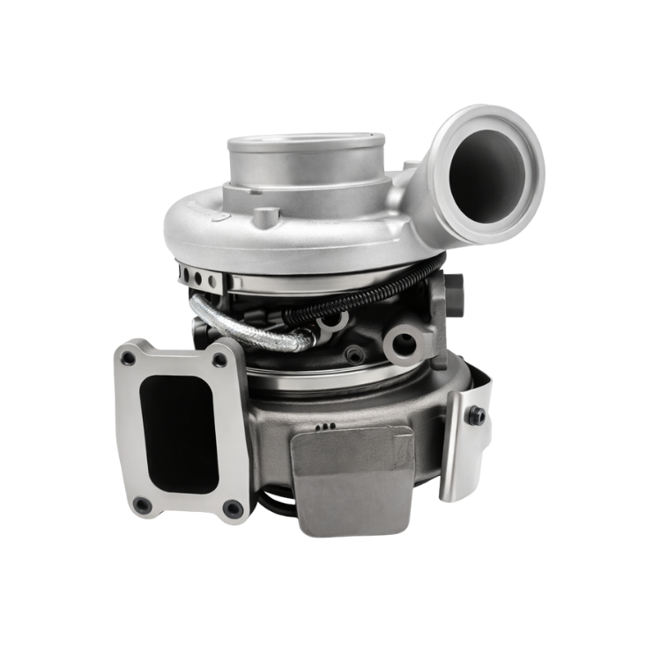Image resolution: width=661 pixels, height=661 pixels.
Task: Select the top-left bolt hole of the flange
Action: tap(130, 358)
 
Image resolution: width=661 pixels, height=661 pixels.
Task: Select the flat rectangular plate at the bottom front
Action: tap(353, 480)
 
